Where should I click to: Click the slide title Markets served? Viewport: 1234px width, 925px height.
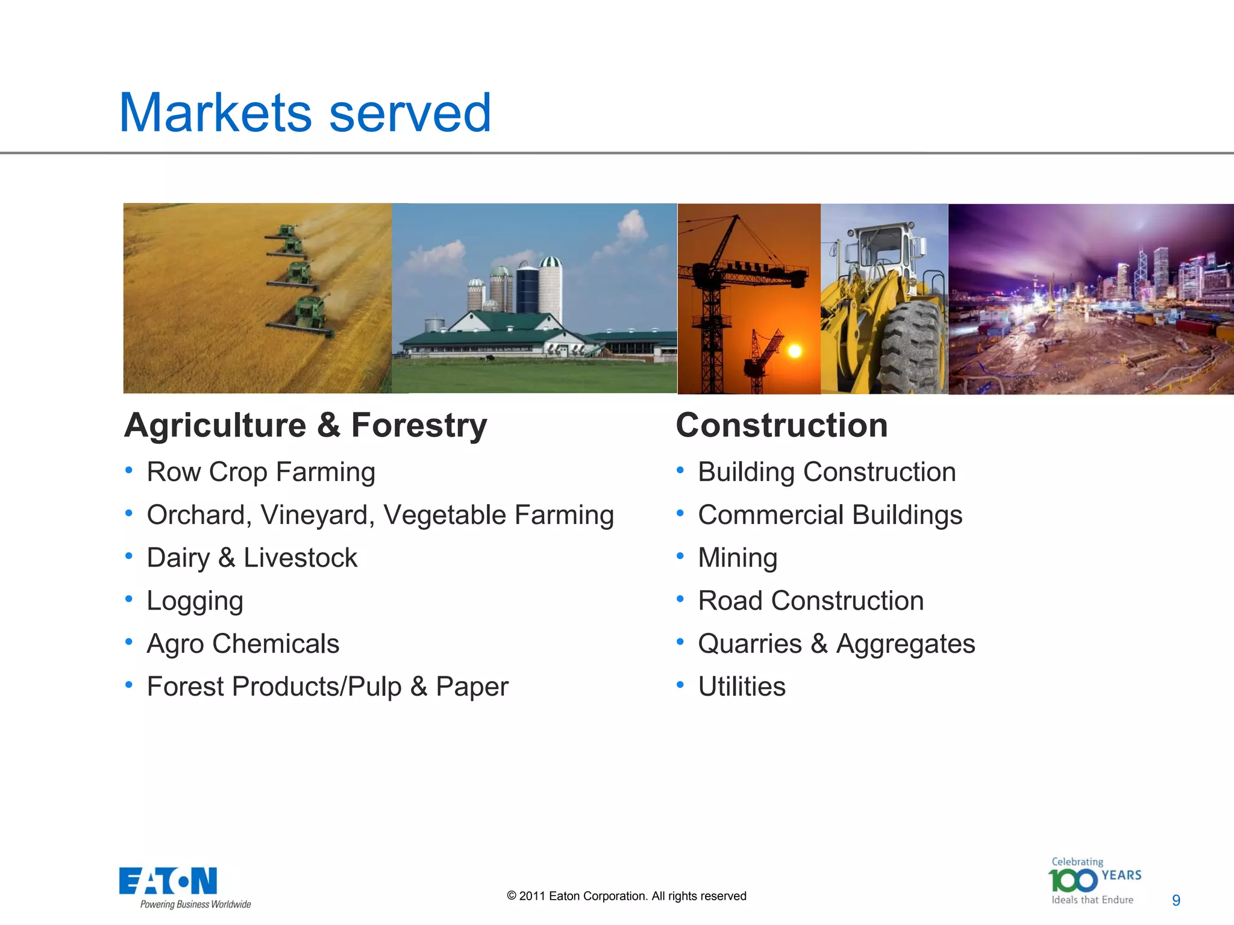tap(305, 113)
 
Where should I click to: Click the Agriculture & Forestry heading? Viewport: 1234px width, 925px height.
tap(305, 425)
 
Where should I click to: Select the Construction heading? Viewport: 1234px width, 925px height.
tap(781, 425)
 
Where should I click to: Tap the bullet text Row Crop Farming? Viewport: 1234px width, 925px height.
tap(261, 472)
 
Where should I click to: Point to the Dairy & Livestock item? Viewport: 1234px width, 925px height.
tap(252, 558)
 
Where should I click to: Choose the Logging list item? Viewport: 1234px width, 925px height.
tap(195, 601)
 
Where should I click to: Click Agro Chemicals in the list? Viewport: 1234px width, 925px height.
tap(243, 644)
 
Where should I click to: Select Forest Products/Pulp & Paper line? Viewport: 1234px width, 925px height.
tap(328, 687)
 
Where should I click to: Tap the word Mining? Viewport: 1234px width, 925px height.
tap(738, 558)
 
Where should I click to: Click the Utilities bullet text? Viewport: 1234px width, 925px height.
tap(742, 687)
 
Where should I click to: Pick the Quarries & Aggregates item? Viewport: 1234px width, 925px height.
tap(836, 644)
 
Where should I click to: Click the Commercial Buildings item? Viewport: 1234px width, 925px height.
tap(830, 515)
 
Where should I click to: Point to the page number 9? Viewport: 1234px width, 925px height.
tap(1176, 900)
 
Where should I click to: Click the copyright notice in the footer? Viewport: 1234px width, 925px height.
tap(626, 896)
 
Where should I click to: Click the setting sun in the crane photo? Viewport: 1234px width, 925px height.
tap(795, 351)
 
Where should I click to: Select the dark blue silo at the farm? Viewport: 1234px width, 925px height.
tap(527, 289)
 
